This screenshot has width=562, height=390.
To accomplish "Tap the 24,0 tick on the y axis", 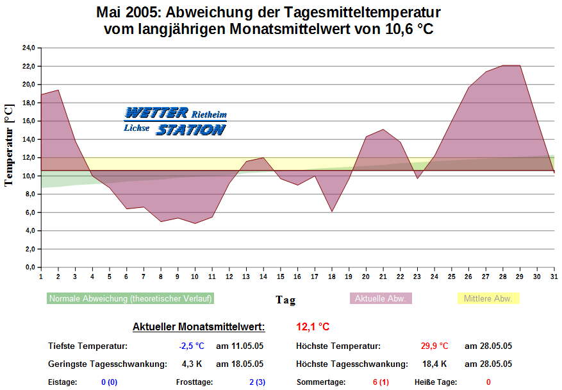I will tap(28, 48).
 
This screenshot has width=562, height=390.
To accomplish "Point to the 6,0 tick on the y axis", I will tap(29, 212).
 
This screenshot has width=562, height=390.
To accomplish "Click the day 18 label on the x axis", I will tap(331, 276).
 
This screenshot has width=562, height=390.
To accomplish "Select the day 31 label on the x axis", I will tap(554, 276).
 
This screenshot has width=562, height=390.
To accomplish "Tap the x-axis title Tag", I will tap(285, 300).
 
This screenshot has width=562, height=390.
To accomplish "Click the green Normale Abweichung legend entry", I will tap(131, 298).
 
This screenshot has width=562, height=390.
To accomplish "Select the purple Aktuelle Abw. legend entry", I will tap(381, 298).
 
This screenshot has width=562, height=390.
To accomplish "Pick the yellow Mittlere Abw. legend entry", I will tap(488, 298).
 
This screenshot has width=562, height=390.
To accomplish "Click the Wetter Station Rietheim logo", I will tap(175, 121).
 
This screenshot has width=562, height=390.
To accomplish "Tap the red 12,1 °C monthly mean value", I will tap(313, 327).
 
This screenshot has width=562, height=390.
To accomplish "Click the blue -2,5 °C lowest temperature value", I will tap(192, 346).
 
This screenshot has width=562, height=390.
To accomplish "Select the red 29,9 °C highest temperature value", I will tap(434, 346).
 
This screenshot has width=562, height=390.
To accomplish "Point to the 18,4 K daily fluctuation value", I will tap(434, 364).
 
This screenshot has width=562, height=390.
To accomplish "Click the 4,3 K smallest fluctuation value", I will tap(192, 364).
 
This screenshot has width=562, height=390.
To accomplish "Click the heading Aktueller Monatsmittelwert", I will tap(199, 327).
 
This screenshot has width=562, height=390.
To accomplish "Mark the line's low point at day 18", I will tap(331, 211).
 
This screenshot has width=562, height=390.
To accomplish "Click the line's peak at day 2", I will tap(58, 90).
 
